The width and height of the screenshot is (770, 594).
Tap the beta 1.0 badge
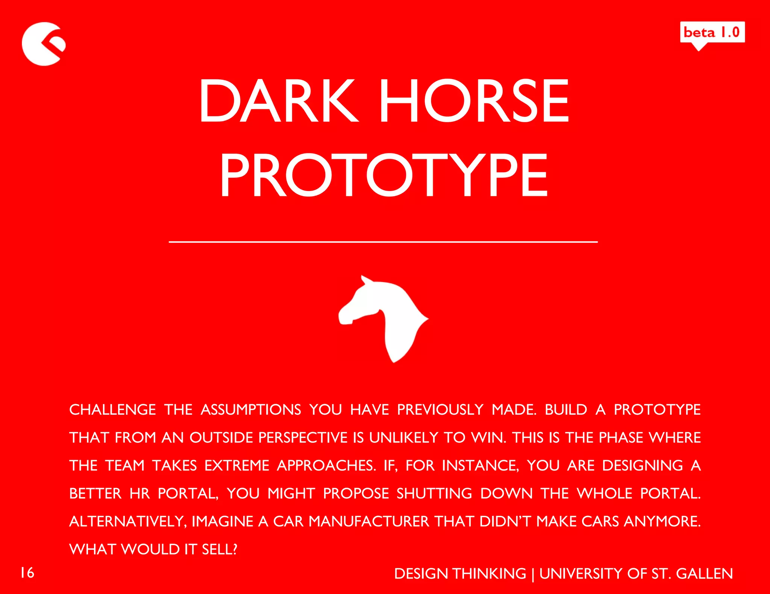[x=712, y=32]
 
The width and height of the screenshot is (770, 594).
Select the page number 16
[x=27, y=573]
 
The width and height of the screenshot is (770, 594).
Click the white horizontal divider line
[x=383, y=242]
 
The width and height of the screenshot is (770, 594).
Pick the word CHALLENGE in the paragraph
[x=112, y=409]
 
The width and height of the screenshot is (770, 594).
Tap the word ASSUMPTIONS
[x=251, y=409]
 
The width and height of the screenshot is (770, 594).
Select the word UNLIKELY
[x=403, y=438]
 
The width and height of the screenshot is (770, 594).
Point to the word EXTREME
[x=237, y=465]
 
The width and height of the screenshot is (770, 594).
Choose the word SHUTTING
[x=434, y=493]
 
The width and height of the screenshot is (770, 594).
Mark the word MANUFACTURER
[x=369, y=521]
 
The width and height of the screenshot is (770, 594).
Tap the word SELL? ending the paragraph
[x=220, y=549]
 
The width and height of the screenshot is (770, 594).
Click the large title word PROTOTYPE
[x=383, y=175]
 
